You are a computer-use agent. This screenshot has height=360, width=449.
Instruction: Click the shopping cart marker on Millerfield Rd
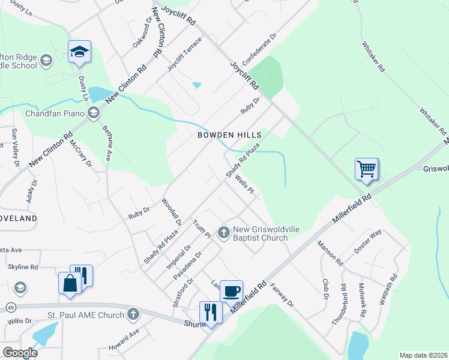click(366, 169)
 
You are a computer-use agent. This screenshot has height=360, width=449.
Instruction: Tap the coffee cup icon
click(231, 292)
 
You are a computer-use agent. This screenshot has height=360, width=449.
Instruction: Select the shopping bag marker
click(70, 283)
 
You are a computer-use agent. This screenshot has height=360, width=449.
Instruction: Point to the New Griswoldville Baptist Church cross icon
click(223, 232)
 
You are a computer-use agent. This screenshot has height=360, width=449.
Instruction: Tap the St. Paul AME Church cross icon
click(133, 314)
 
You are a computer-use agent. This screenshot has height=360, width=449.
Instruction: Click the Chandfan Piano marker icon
click(94, 113)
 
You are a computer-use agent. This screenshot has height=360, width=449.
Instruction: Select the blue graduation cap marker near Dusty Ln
click(79, 52)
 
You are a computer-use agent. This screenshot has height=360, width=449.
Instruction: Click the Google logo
click(20, 353)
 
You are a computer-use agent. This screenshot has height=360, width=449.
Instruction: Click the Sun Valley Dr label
click(16, 147)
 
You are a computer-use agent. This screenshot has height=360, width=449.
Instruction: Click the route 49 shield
click(11, 308)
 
